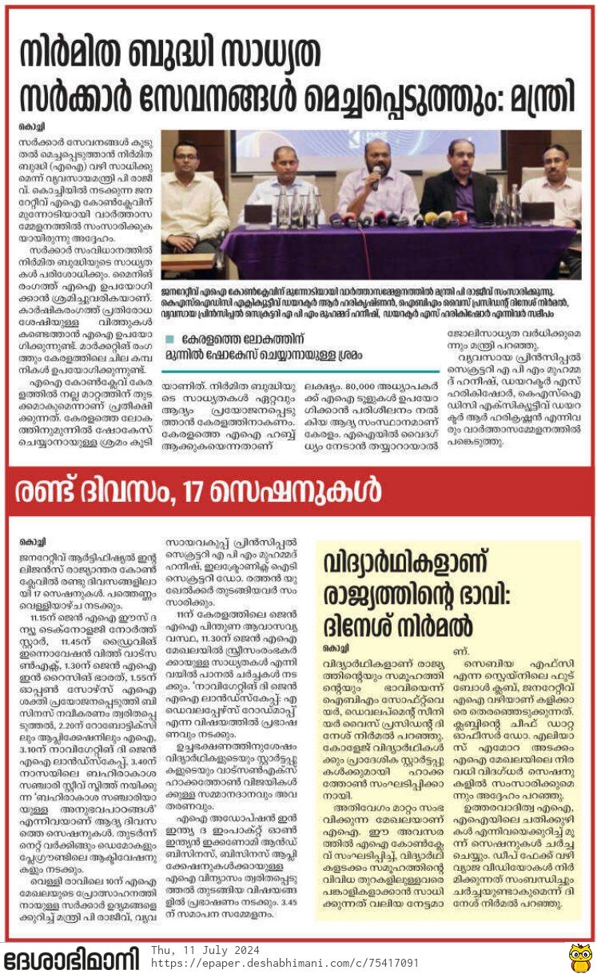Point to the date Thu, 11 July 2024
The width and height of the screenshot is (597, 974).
coord(203,949)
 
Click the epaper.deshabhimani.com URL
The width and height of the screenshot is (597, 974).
coord(285,963)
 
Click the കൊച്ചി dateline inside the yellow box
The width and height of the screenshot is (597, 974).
coord(334,646)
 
